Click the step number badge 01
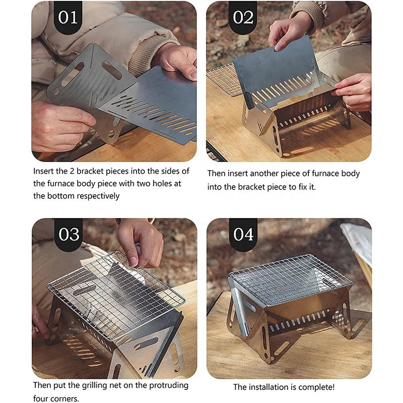[x=68, y=17]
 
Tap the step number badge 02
[x=243, y=17]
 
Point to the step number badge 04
[x=243, y=234]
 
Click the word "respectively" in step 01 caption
[x=96, y=196]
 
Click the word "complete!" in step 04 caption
[x=316, y=387]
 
